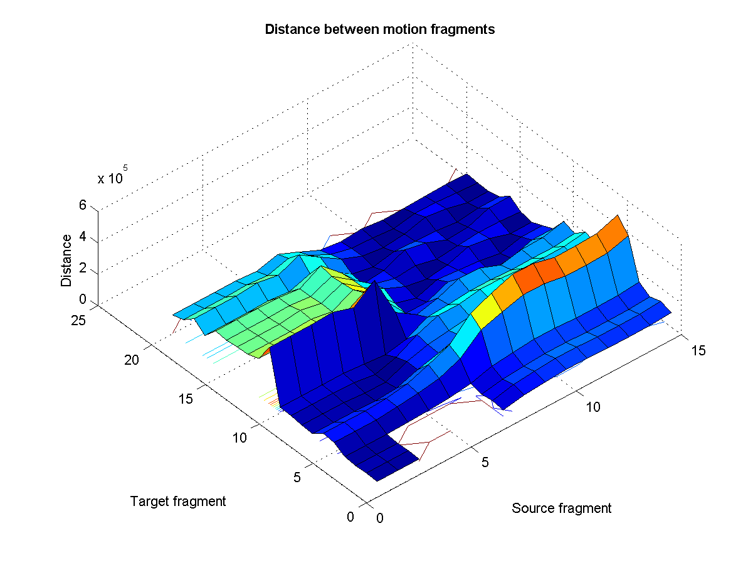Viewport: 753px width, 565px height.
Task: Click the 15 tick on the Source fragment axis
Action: (697, 350)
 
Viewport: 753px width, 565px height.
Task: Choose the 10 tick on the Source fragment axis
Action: (592, 407)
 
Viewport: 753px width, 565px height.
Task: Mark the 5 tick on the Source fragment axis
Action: (485, 463)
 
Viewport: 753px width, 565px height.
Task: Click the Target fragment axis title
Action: (178, 501)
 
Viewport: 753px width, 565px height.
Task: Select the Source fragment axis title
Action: (561, 508)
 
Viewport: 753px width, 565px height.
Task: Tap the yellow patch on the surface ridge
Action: (483, 311)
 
